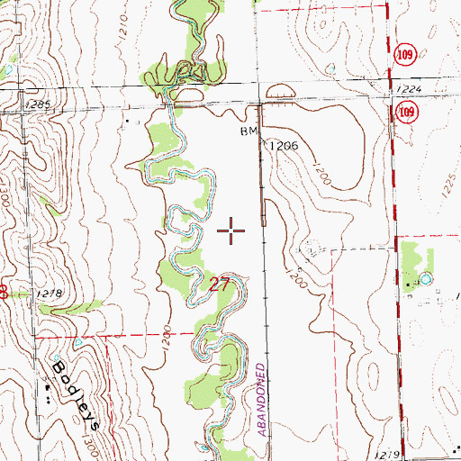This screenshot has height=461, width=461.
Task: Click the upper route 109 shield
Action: click(x=406, y=57)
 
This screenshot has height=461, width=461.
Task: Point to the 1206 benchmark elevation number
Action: click(x=281, y=144)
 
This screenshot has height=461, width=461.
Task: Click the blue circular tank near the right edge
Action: click(x=425, y=279)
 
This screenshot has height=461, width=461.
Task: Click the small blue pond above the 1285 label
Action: click(x=7, y=72)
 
